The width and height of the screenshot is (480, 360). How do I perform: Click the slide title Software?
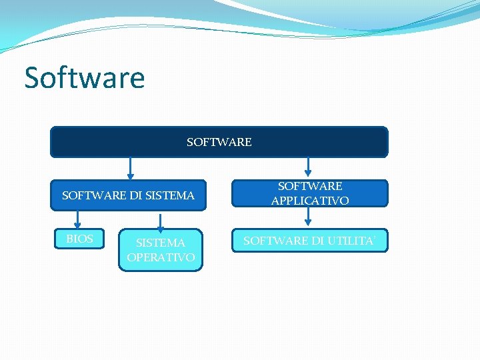tap(85, 78)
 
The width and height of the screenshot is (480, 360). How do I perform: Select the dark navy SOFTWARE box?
tap(219, 142)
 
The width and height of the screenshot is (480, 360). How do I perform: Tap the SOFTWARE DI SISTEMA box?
tap(128, 195)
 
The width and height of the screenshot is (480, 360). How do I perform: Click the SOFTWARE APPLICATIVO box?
tap(309, 193)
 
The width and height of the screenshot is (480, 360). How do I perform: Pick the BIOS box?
tap(79, 239)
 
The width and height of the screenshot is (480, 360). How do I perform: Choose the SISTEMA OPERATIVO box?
tap(161, 250)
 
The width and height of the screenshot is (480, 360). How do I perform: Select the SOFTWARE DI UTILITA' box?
tap(309, 241)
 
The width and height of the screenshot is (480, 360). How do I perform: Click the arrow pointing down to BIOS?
tap(78, 220)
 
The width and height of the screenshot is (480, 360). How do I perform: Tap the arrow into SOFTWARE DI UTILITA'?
tap(308, 217)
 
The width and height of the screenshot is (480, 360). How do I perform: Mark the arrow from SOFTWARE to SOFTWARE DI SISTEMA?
tap(131, 168)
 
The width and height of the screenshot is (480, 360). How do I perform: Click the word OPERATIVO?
tap(161, 257)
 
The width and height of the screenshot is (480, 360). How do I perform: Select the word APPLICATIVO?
tap(310, 201)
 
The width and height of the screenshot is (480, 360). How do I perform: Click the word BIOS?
tap(79, 239)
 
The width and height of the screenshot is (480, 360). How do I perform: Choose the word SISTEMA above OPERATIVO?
tap(161, 243)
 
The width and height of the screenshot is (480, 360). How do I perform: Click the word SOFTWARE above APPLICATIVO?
tap(310, 186)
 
